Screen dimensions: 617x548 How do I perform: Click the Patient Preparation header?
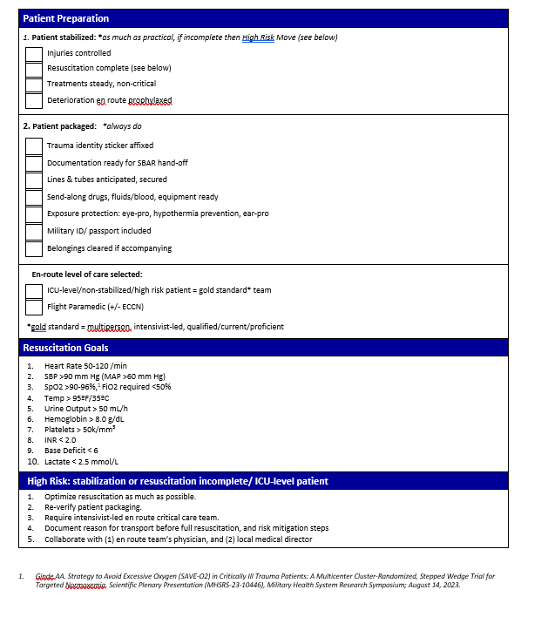66,18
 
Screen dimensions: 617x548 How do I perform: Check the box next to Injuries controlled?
33,54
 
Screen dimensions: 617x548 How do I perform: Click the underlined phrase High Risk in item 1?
259,37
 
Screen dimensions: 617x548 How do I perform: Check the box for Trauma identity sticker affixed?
33,146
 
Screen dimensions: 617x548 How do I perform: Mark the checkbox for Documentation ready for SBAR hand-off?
33,163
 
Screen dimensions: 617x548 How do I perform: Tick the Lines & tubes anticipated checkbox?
33,180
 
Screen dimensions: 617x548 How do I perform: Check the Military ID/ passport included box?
33,232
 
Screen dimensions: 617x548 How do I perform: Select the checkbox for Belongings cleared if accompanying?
33,249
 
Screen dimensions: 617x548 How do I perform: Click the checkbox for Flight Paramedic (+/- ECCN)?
33,307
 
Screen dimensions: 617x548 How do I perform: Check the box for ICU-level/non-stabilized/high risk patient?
33,290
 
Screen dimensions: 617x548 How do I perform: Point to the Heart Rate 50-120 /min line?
85,365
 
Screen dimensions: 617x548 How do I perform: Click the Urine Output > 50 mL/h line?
85,408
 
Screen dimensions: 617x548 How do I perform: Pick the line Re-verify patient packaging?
92,506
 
